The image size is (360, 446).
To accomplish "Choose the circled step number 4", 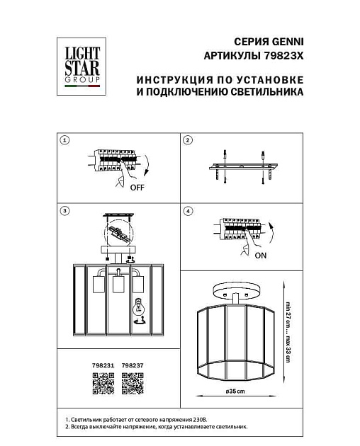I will [x=188, y=210].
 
